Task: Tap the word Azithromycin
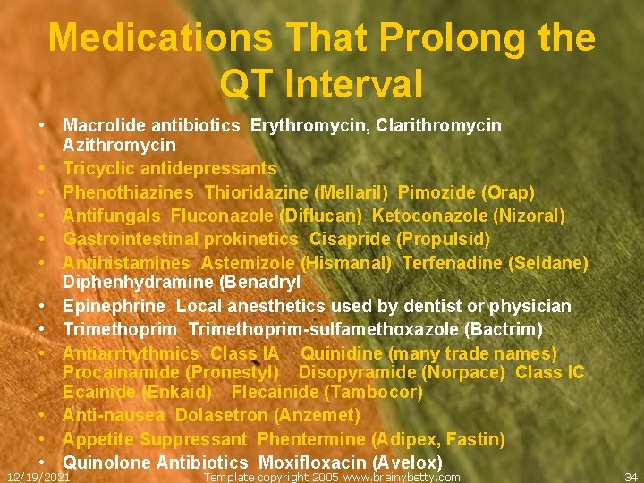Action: click(x=119, y=145)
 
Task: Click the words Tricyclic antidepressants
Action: click(x=169, y=168)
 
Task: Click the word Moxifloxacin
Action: click(x=308, y=463)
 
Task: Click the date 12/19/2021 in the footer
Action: click(x=38, y=477)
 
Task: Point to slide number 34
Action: click(x=631, y=477)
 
